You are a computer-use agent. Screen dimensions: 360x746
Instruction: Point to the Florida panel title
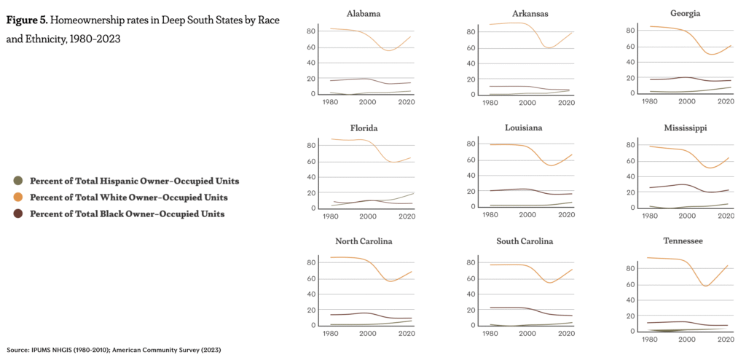point(364,128)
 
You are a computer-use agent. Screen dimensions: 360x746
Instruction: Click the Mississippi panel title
point(686,128)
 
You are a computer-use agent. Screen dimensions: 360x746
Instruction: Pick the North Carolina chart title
point(364,242)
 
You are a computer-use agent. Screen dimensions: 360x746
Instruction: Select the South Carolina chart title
point(526,241)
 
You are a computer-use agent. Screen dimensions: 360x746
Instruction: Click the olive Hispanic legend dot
point(18,181)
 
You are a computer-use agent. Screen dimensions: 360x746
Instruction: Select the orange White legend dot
point(18,197)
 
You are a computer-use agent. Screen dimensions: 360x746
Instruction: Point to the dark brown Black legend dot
point(18,214)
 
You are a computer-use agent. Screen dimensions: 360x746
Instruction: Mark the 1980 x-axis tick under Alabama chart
point(331,103)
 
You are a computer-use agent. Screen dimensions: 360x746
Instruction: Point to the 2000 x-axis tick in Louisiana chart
point(527,216)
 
